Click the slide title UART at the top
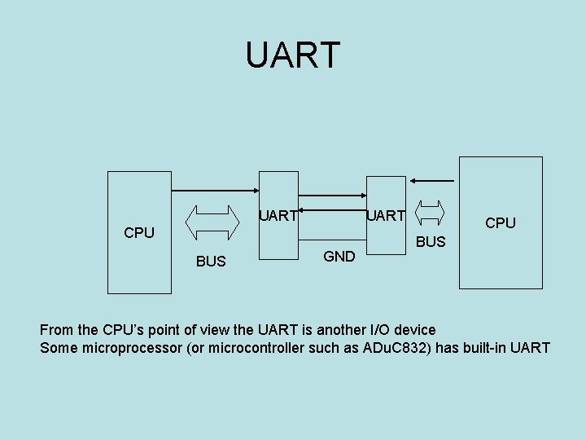point(293,55)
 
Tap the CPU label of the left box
point(139,233)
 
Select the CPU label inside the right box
point(501,223)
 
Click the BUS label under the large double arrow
point(211,262)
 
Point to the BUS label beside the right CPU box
point(431,242)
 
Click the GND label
point(339,257)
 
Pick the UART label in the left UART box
point(278,216)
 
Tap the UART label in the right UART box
point(386,216)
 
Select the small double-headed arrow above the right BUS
point(430,211)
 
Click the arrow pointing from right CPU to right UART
point(431,180)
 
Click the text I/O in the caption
point(344,330)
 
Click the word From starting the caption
point(57,330)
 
